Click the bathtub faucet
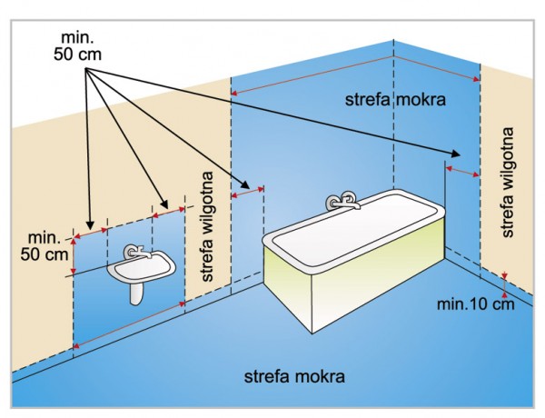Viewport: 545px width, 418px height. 342,200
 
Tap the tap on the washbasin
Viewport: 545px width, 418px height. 135,253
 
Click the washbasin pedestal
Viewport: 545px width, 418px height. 137,292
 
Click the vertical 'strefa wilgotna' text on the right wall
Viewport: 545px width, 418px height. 509,183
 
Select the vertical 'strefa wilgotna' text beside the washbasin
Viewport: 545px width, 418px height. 208,226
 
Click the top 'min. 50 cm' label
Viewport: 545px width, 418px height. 76,43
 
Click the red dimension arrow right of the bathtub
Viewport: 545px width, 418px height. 462,170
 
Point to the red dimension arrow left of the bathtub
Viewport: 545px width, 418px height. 247,193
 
